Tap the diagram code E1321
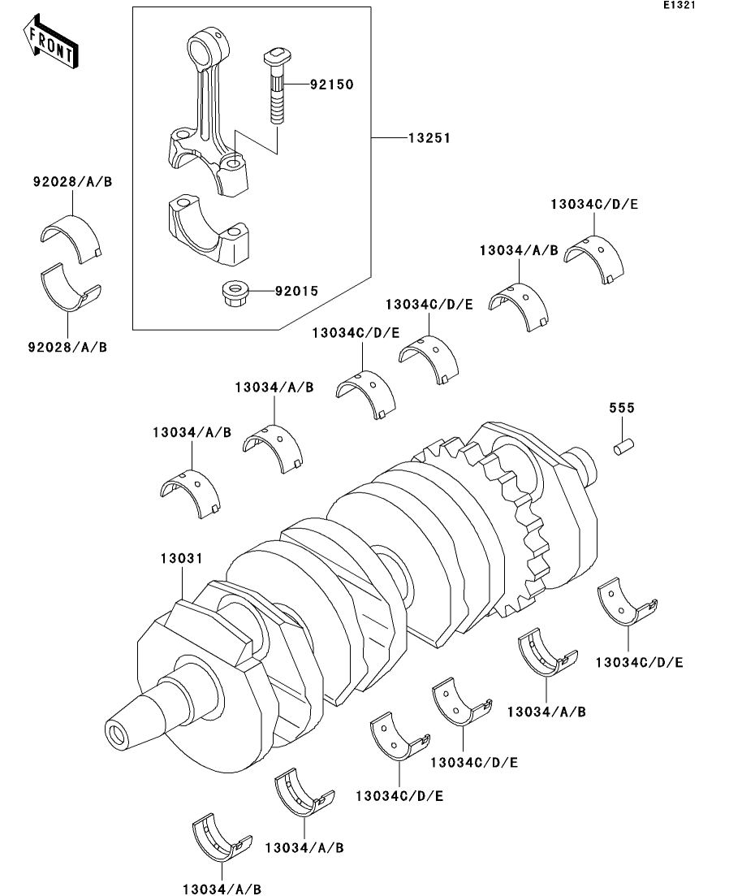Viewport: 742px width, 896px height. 679,5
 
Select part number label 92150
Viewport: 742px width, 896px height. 332,84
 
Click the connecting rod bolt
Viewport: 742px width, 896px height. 278,86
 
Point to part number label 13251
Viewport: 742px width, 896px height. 429,138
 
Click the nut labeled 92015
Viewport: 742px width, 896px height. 232,292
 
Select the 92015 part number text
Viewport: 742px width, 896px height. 296,292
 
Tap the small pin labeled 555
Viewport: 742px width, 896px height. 624,445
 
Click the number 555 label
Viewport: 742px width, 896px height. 622,408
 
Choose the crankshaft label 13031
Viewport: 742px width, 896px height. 182,558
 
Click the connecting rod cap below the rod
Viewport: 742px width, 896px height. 209,231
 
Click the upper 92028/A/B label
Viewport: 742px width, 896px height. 72,182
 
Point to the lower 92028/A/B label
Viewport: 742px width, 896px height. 67,348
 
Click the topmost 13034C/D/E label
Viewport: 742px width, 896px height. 594,205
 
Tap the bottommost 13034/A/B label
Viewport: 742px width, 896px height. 222,890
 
